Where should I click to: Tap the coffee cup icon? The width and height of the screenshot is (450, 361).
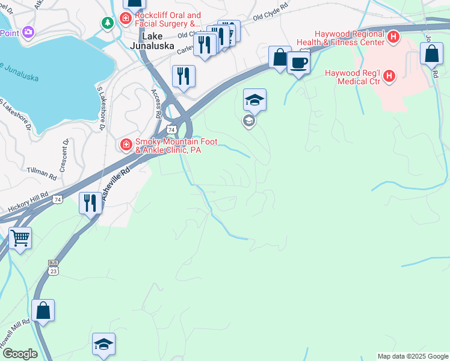[x=298, y=62]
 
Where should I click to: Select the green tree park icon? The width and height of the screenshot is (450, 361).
[x=108, y=23]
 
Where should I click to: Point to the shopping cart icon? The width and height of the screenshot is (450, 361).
[x=20, y=238]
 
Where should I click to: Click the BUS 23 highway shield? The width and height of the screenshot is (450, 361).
[x=53, y=267]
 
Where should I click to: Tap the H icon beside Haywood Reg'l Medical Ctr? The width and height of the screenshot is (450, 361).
[x=389, y=76]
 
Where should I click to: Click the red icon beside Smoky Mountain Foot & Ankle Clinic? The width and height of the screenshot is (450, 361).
[x=126, y=144]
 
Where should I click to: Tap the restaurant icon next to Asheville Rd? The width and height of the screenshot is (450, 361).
[x=90, y=202]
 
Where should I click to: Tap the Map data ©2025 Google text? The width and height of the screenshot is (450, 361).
[x=413, y=356]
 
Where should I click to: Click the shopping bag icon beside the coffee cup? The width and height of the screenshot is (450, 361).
[x=280, y=58]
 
